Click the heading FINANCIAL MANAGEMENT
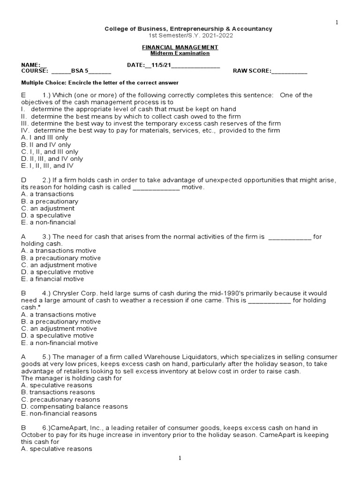click(180, 47)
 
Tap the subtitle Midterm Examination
click(180, 53)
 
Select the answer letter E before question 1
click(23, 95)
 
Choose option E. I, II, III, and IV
click(47, 166)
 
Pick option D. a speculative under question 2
click(46, 216)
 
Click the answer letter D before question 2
click(23, 180)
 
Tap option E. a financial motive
click(52, 279)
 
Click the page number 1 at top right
click(336, 22)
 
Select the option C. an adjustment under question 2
click(48, 209)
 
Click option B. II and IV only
click(46, 145)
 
